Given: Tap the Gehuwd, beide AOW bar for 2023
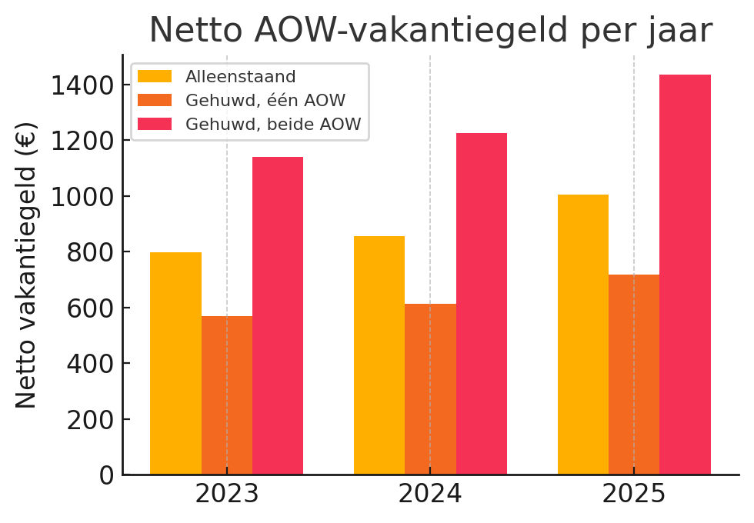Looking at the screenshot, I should click(x=278, y=315).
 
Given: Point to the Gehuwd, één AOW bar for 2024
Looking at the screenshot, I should click(x=430, y=389).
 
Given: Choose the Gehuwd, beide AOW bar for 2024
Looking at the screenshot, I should click(x=482, y=304).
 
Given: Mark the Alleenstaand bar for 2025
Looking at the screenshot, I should click(x=583, y=335).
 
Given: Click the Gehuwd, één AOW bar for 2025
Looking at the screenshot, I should click(x=634, y=375).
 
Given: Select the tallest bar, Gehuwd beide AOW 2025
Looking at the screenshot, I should click(x=685, y=275).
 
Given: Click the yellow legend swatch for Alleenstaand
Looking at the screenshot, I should click(x=155, y=77).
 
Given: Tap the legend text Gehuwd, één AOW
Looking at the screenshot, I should click(x=265, y=101).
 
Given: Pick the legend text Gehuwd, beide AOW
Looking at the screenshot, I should click(x=272, y=125).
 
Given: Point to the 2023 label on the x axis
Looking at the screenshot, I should click(x=227, y=495).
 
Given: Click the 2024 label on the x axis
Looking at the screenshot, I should click(x=430, y=495).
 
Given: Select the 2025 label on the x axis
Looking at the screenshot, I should click(x=634, y=495).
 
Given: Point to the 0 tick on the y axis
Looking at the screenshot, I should click(x=106, y=475).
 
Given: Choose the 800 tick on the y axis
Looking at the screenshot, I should click(x=91, y=252).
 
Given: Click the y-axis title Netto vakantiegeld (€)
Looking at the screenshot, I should click(x=27, y=265).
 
